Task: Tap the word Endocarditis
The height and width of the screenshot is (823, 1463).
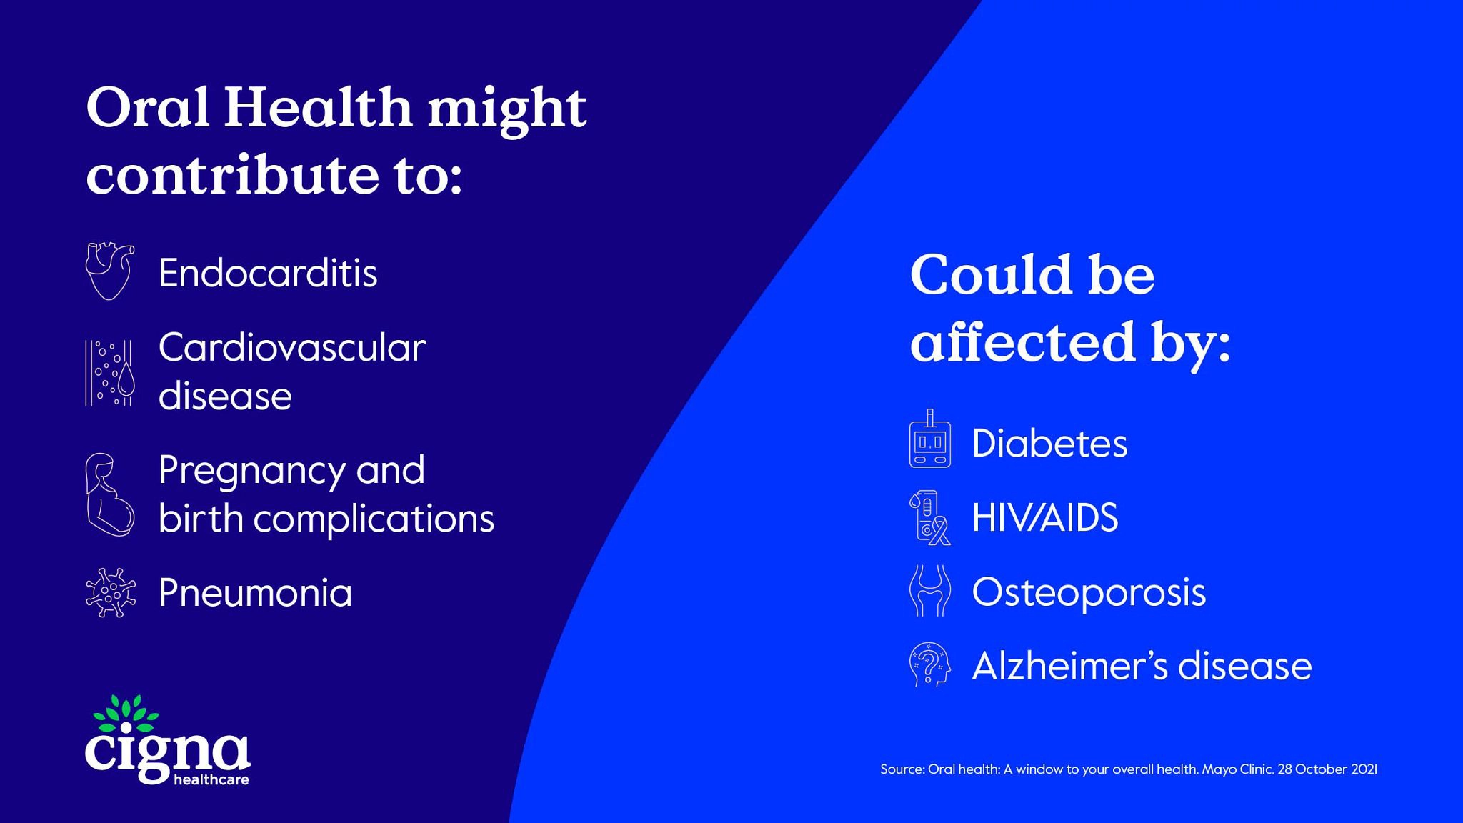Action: (268, 273)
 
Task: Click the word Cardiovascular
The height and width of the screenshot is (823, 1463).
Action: (292, 348)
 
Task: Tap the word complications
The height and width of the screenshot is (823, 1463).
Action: (374, 520)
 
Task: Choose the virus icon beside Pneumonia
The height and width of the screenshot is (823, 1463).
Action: (110, 592)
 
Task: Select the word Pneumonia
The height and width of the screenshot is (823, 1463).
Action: (256, 593)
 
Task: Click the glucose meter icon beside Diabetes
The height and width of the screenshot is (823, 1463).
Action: (929, 439)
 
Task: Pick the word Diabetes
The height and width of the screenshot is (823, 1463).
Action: (1050, 444)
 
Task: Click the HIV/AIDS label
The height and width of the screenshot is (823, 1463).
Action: (1045, 517)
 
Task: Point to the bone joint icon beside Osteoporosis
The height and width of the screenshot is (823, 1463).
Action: (929, 591)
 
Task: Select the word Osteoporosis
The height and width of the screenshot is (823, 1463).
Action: (1089, 592)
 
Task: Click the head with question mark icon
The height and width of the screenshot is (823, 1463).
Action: (929, 664)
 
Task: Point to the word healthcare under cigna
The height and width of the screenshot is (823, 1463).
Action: (211, 779)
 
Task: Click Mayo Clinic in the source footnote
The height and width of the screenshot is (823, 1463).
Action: (1237, 769)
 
